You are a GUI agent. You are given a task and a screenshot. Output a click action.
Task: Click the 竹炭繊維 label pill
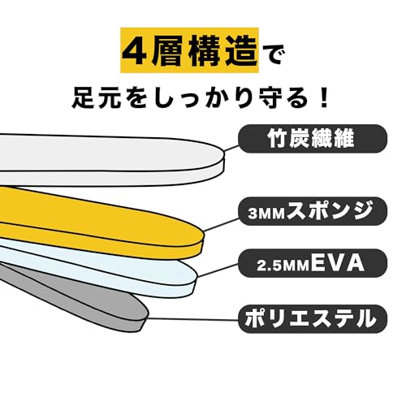(313, 139)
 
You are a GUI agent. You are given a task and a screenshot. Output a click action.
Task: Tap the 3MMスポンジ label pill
(313, 211)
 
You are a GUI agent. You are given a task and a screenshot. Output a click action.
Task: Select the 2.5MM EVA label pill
(313, 263)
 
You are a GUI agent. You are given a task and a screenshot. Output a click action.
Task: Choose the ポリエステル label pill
(313, 319)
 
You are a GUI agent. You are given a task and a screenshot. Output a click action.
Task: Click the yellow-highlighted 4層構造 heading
(189, 50)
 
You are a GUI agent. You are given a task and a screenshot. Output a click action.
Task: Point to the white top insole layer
(108, 160)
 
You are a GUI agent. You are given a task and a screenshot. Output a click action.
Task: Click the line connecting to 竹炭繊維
(231, 149)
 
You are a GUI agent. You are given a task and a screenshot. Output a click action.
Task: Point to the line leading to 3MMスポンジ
(221, 224)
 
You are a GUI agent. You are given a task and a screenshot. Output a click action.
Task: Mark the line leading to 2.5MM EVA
(218, 270)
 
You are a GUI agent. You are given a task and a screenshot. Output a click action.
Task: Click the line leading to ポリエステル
(192, 319)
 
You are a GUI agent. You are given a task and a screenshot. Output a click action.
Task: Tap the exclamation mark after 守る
(323, 98)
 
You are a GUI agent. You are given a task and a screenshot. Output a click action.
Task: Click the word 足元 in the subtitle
(95, 98)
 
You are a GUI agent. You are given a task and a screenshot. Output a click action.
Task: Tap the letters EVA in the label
(338, 263)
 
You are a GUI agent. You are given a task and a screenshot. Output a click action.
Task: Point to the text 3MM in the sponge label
(266, 214)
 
